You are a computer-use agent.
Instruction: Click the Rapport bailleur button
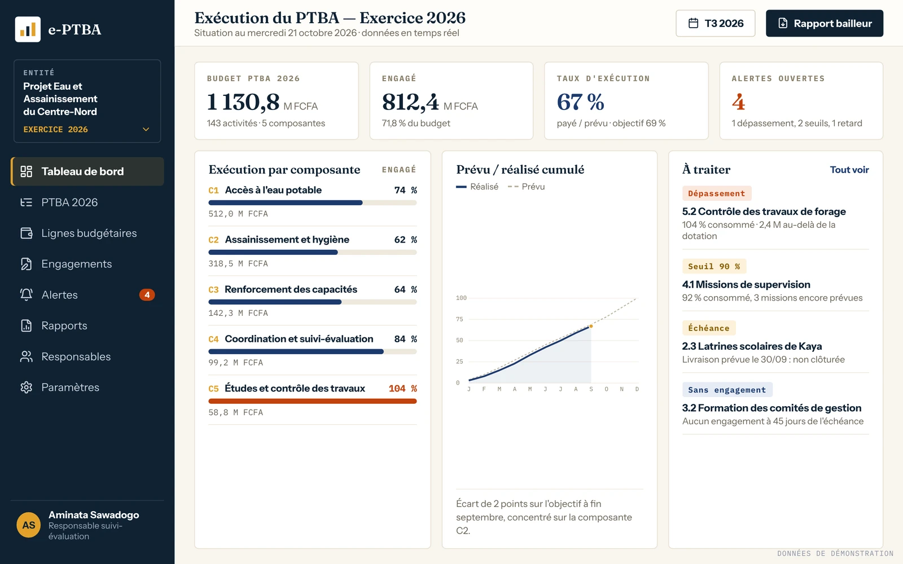pos(825,23)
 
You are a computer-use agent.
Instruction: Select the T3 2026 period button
pos(716,23)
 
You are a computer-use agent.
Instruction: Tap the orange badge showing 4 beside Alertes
pos(147,295)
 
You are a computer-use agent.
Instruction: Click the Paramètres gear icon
pos(26,387)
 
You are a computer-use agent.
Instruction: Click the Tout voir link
pos(849,170)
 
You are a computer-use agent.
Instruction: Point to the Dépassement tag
pos(716,193)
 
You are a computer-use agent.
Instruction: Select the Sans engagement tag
pos(727,390)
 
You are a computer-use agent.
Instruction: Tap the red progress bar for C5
pos(313,401)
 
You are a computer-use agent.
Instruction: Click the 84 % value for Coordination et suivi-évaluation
pos(406,339)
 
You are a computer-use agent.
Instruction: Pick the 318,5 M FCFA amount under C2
pos(238,263)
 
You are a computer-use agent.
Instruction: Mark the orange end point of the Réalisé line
pos(591,327)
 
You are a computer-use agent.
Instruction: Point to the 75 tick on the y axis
pos(459,319)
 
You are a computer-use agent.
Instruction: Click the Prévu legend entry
pos(526,187)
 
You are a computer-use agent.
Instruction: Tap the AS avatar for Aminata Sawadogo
pos(29,525)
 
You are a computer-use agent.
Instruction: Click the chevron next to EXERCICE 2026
pos(146,129)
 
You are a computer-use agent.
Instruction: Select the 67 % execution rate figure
pos(581,102)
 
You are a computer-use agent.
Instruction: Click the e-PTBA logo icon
pos(28,29)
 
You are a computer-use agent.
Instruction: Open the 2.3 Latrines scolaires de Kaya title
pos(752,346)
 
